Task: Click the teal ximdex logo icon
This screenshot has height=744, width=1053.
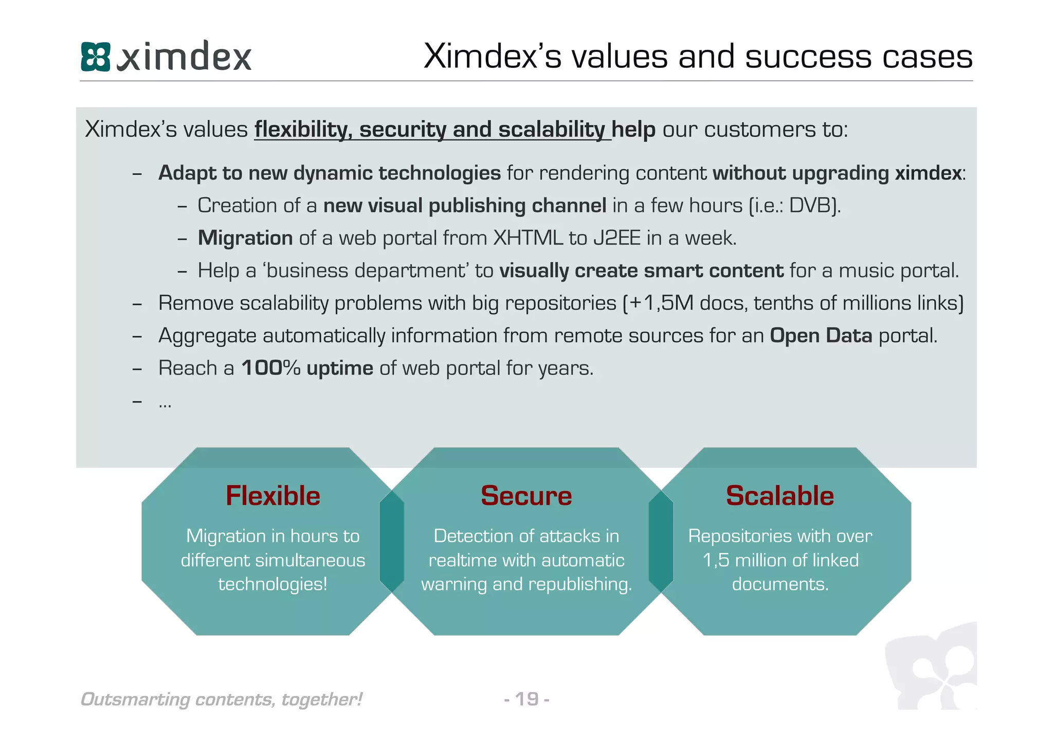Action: [96, 57]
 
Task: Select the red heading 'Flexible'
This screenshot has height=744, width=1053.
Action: [273, 496]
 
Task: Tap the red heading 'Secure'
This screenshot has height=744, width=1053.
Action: [526, 496]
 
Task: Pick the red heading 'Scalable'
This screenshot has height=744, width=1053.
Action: [779, 496]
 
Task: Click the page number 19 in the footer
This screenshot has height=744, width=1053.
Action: [527, 699]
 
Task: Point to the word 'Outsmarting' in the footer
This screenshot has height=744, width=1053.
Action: [135, 700]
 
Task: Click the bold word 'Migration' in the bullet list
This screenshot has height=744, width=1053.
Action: [245, 238]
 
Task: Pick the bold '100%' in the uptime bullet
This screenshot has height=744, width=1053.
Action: [271, 368]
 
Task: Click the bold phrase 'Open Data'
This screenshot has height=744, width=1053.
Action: [821, 336]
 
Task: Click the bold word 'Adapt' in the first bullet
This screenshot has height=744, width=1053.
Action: [187, 173]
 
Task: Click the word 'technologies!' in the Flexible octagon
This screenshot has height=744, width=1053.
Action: [273, 584]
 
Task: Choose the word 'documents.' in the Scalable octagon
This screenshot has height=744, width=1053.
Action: [780, 584]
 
